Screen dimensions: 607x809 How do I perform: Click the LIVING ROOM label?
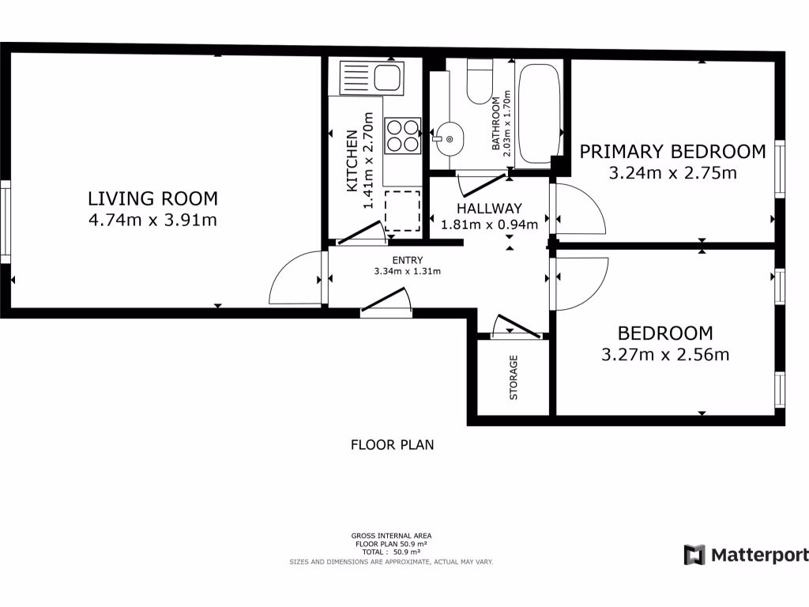tap(152, 198)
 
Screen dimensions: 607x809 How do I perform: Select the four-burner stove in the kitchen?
tap(402, 134)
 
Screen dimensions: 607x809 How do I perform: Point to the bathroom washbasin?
tap(448, 140)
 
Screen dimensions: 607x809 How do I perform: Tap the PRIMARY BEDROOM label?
tap(672, 151)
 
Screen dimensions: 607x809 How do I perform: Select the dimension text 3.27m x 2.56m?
tap(664, 355)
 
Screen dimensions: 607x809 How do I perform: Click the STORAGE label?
tap(514, 378)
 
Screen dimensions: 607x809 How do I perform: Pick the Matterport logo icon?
tap(694, 554)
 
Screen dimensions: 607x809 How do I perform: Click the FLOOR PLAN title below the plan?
tap(392, 445)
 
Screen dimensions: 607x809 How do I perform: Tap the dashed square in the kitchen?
tap(402, 210)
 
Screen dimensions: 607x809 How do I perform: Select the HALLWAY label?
tap(489, 209)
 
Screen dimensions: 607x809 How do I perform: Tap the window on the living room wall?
tap(5, 222)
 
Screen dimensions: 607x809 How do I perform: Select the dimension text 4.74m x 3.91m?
tap(152, 220)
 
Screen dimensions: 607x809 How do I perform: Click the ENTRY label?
tap(407, 260)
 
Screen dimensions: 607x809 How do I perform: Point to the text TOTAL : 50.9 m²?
tap(391, 552)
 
